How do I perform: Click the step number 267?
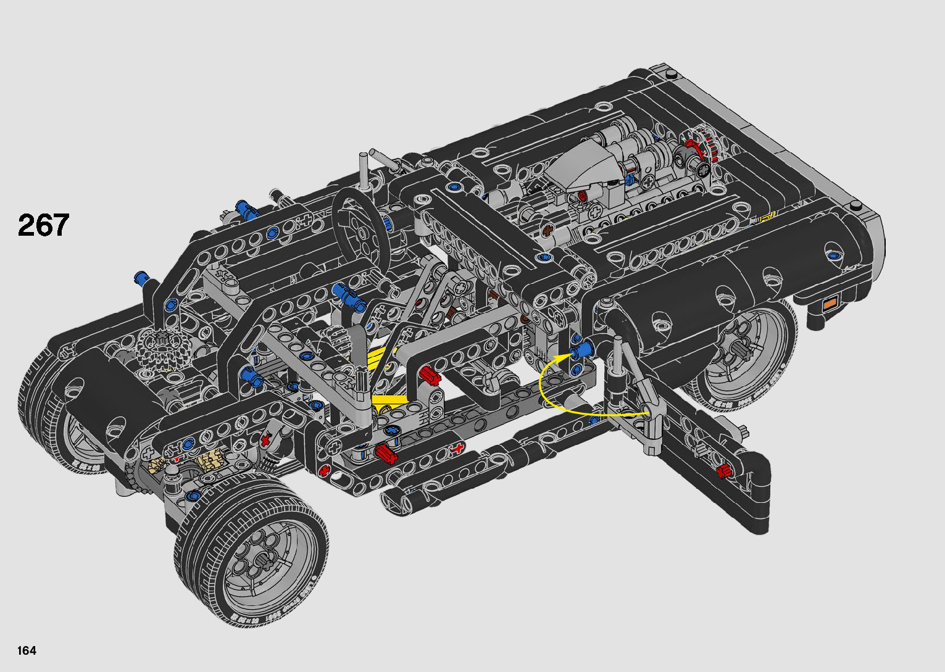(43, 225)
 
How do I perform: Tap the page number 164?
(27, 650)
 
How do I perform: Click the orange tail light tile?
(830, 304)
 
